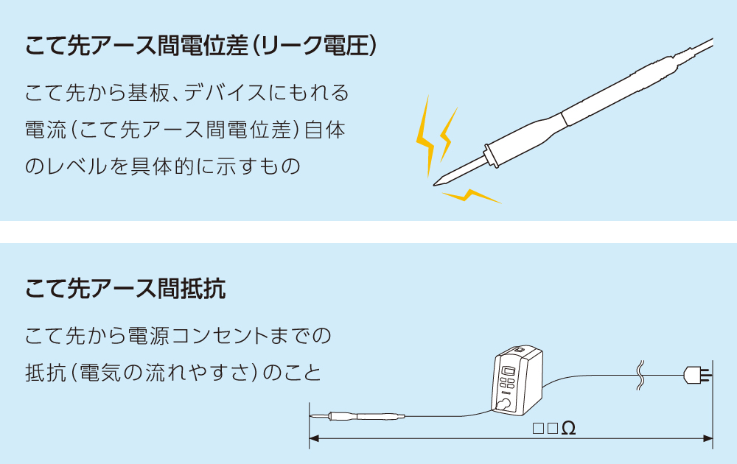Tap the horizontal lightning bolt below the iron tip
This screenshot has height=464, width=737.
click(472, 197)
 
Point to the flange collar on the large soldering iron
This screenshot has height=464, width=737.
click(486, 155)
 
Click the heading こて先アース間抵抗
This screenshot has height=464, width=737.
click(125, 289)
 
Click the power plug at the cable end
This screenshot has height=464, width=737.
click(696, 375)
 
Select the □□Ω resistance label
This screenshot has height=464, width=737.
click(553, 428)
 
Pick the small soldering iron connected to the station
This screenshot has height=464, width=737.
click(357, 417)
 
